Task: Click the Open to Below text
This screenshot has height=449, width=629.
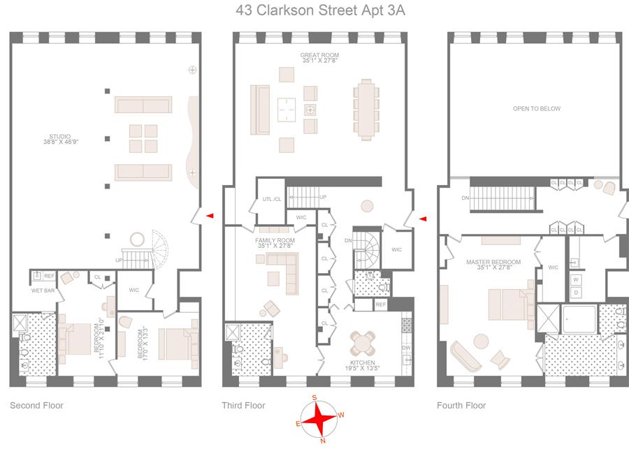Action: coord(536,108)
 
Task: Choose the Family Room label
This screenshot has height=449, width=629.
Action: coord(275,242)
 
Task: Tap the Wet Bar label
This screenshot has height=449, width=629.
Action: coord(42,290)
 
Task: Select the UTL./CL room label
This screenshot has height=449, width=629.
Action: coord(272,199)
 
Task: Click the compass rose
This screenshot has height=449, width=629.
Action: coord(321,419)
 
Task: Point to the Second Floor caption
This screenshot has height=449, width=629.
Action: coord(36,406)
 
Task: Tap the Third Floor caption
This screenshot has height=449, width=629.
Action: coord(243,406)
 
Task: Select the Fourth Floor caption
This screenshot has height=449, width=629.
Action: coord(461,406)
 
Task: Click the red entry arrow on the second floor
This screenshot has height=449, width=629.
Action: coord(210,216)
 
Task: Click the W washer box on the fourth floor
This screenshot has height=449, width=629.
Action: coord(577,279)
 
